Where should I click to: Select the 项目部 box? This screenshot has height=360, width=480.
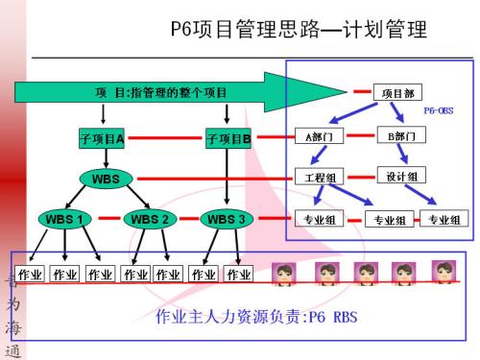(397, 93)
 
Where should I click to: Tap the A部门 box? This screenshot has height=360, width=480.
(318, 136)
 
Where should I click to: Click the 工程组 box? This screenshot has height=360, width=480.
(318, 178)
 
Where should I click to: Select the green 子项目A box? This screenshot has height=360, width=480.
(102, 140)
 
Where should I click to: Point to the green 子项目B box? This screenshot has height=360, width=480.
(228, 140)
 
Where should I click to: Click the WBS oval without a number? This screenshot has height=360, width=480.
(106, 179)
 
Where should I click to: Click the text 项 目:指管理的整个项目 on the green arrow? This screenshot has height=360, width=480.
(161, 93)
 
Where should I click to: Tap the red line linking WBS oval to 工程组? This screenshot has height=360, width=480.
(215, 179)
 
